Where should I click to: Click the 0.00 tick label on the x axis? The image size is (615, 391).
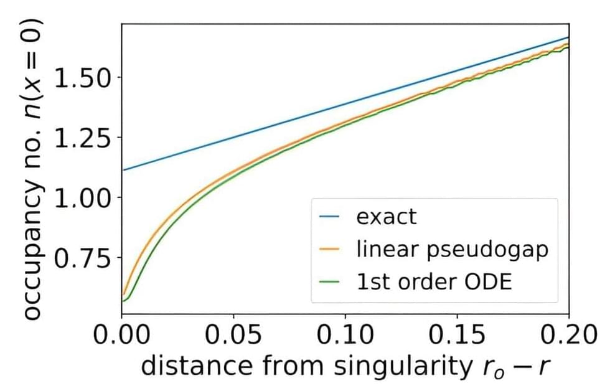(123, 336)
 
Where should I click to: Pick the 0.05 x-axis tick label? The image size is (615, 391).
(234, 336)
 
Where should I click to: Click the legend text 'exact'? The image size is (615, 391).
(387, 217)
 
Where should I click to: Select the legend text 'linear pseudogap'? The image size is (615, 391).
(453, 249)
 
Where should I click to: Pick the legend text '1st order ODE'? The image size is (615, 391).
(434, 281)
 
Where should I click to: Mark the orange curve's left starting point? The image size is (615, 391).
(123, 294)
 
